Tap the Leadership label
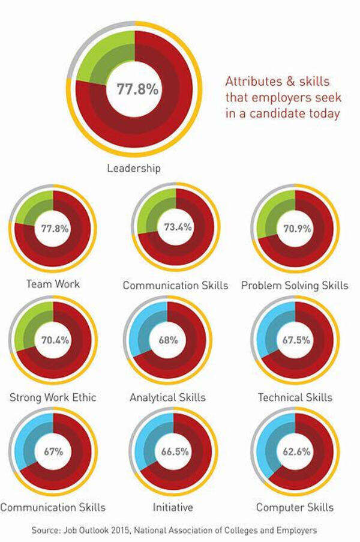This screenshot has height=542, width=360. point(134,168)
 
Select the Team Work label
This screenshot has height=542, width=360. point(53,284)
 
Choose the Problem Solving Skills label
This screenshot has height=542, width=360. point(295,285)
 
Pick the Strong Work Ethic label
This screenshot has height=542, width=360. point(53,397)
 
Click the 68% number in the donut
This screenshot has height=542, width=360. point(169,340)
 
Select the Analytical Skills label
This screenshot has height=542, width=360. point(167,397)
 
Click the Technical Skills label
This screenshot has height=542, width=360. point(295,397)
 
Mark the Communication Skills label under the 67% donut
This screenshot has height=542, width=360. point(53,507)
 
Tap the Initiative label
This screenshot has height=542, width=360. point(173,507)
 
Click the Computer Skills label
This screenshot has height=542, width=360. point(295,507)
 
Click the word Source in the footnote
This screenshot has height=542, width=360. point(46,530)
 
